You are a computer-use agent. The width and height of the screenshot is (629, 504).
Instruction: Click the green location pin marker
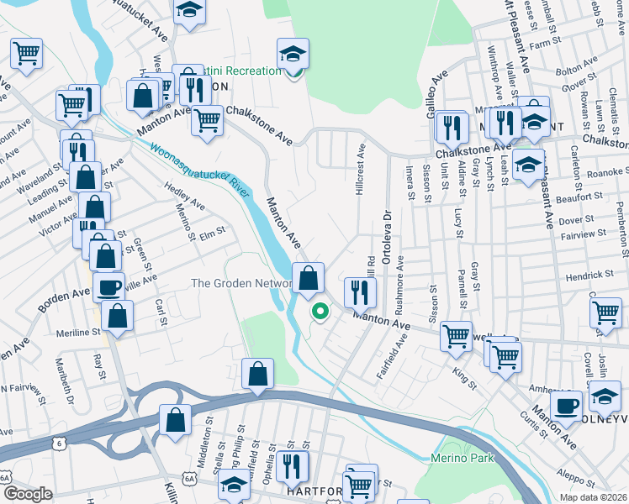click(x=320, y=312)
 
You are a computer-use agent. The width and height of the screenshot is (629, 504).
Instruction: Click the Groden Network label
click(x=241, y=284)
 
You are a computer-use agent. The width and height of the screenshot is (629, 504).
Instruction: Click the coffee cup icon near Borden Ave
click(x=108, y=288)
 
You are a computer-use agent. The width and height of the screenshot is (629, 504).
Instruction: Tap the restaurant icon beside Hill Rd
click(x=360, y=293)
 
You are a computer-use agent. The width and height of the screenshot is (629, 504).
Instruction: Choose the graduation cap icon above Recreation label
click(x=293, y=54)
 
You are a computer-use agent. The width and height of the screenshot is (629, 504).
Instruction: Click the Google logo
click(x=28, y=493)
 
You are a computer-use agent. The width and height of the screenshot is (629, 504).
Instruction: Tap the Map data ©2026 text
click(x=589, y=496)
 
